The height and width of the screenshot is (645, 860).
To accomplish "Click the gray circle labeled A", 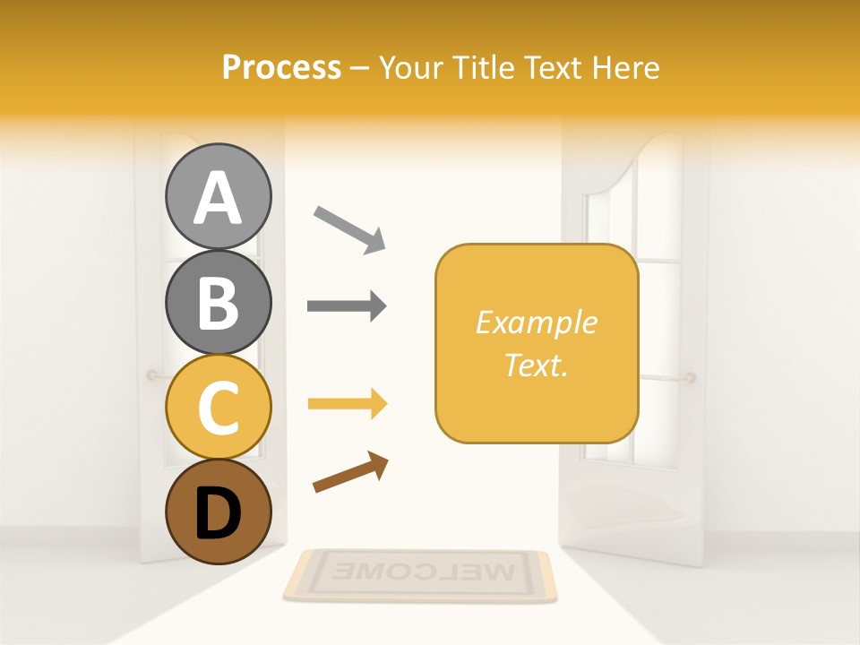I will point(218,196).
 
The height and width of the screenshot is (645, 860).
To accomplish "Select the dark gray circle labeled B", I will point(218,301).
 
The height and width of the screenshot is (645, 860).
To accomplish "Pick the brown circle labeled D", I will point(218,512).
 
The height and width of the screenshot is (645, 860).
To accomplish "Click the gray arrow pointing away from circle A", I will point(348,228).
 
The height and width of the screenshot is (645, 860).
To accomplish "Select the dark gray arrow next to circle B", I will point(347,305).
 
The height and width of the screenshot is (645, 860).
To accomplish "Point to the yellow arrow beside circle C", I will point(347,404).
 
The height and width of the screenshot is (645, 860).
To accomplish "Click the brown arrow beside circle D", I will point(350,471).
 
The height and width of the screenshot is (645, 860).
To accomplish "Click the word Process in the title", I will point(281,67).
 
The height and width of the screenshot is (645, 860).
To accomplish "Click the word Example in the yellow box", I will point(536,322).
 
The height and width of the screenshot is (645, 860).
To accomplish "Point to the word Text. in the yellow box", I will point(536,365).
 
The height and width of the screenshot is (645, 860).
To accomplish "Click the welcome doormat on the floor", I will point(420,574).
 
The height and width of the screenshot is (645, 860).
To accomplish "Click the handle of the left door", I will point(154,375).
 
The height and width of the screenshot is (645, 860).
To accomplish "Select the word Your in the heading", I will point(412,67).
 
